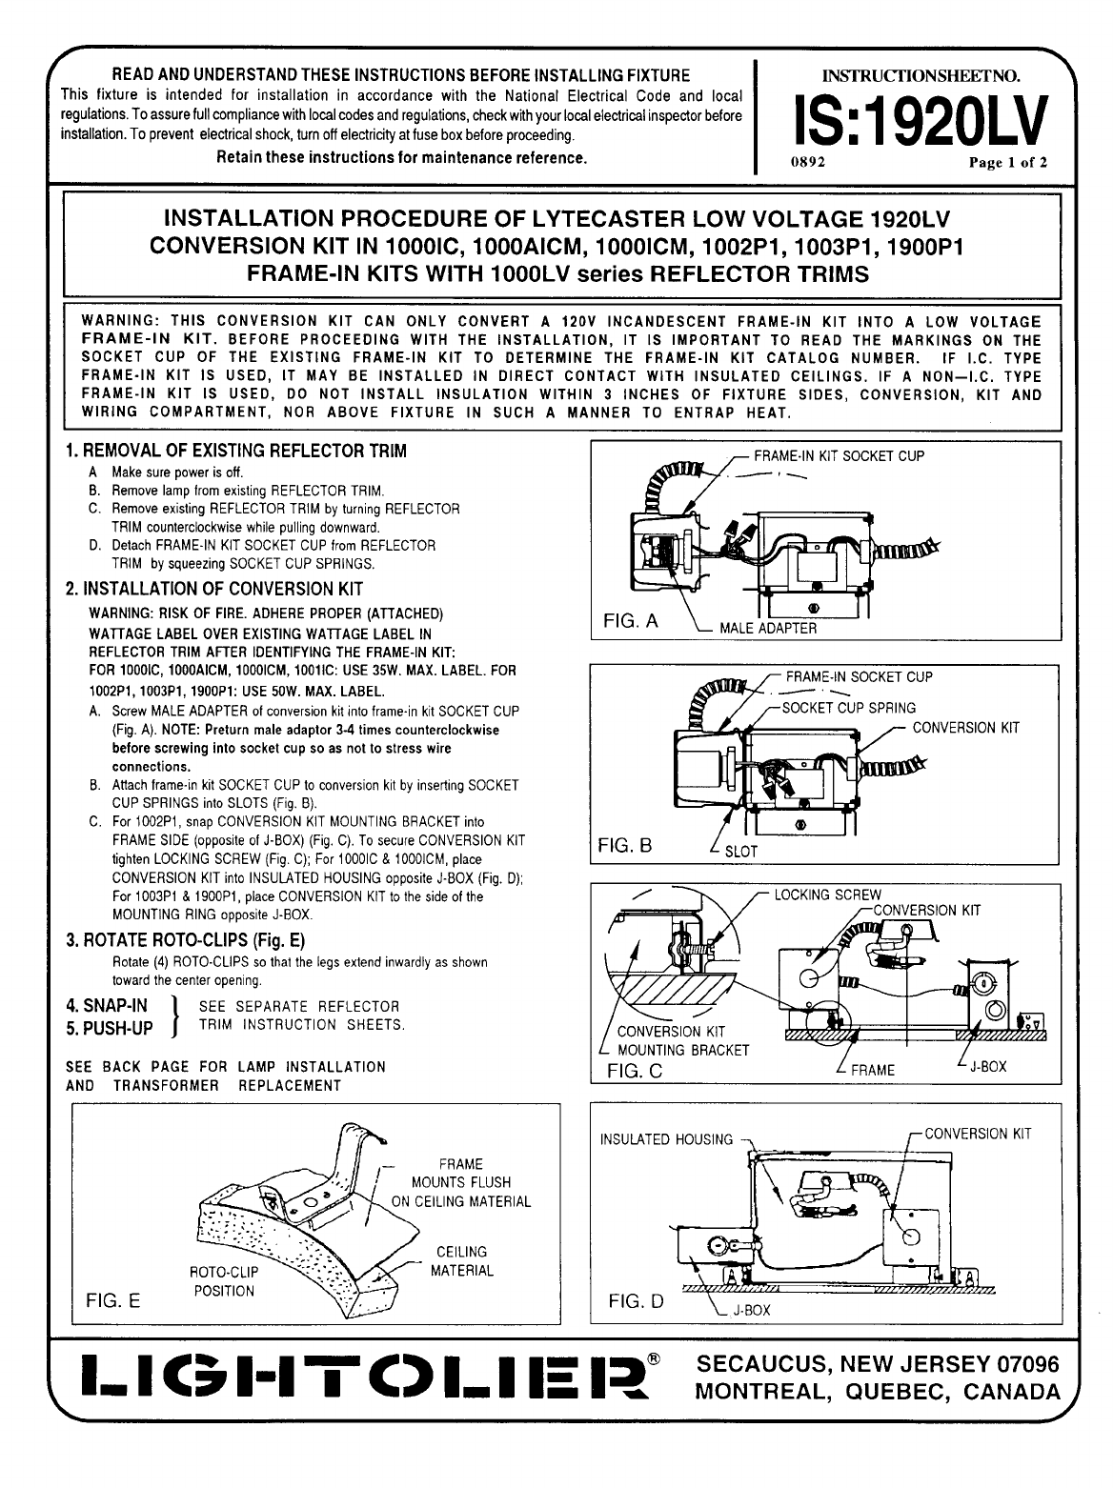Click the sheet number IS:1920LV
912,123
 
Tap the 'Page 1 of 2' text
1008,162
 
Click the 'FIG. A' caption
632,622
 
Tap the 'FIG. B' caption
625,845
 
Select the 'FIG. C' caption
635,1070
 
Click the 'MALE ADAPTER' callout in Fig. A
768,628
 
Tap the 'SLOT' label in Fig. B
741,852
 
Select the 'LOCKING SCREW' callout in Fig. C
827,895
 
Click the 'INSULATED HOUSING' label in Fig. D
666,1139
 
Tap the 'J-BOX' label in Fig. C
987,1067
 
